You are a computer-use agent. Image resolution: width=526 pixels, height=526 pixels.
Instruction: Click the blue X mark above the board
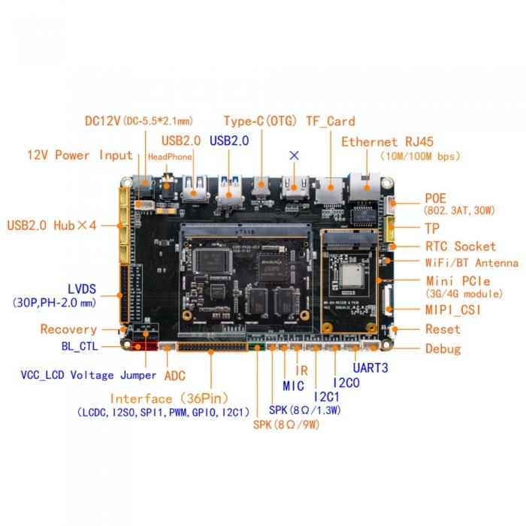295,156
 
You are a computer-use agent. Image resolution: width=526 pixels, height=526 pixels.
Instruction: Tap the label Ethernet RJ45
387,142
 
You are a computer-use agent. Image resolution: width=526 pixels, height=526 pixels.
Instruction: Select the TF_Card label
331,121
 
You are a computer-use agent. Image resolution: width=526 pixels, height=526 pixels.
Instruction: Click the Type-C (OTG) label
260,121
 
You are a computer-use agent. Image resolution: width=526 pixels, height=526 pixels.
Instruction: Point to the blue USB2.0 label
229,141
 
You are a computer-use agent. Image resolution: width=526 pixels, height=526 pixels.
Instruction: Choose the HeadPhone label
170,156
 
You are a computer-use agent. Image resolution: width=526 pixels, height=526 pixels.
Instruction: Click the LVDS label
82,289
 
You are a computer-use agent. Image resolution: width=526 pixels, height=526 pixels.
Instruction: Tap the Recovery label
68,329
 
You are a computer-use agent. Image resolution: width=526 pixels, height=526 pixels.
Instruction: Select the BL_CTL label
80,346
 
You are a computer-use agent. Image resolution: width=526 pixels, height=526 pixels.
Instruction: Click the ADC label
175,376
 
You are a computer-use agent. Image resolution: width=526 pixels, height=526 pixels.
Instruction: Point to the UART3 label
370,368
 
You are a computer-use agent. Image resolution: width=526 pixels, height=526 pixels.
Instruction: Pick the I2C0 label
346,382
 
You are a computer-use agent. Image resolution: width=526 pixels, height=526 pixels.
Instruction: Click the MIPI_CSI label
453,310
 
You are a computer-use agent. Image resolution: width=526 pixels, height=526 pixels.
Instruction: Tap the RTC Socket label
461,246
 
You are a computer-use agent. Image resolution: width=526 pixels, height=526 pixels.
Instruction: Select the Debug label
443,349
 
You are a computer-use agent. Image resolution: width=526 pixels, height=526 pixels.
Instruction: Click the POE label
435,198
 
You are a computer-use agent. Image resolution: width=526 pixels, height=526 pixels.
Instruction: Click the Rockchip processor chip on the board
273,268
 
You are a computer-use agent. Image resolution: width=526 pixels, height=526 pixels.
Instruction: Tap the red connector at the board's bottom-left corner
144,346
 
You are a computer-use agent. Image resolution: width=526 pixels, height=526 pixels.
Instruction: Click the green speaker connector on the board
256,346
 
